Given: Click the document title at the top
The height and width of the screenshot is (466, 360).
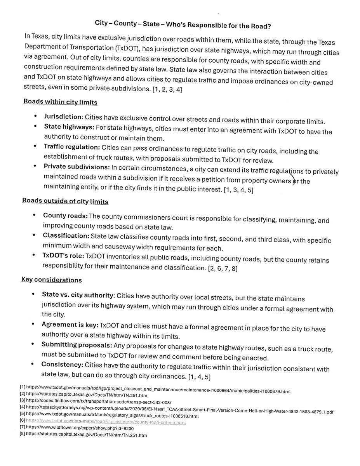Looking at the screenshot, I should [183, 24].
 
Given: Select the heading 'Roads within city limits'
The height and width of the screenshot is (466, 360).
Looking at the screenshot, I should [60, 102].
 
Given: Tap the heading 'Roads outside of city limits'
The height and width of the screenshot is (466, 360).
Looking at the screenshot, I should [65, 201].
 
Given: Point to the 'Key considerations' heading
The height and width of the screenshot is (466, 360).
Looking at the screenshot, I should [51, 280].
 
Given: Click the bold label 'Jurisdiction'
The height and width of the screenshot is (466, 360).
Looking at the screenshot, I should [63, 116].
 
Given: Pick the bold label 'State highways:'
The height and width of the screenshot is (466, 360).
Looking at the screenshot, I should [69, 127].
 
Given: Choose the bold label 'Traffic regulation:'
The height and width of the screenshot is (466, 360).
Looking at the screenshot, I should [72, 147].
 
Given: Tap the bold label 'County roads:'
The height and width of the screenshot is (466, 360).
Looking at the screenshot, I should [65, 216].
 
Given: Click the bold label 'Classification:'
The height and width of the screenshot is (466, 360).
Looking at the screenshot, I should [66, 236].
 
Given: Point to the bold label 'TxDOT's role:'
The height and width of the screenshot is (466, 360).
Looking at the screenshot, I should [63, 256].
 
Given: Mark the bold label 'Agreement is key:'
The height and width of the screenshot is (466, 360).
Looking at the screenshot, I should [70, 324].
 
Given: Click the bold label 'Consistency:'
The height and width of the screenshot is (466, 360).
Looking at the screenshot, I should [62, 365].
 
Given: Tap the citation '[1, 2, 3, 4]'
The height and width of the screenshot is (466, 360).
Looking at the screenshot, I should [167, 90].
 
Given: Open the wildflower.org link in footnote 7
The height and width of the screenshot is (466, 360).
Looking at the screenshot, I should [80, 428].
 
